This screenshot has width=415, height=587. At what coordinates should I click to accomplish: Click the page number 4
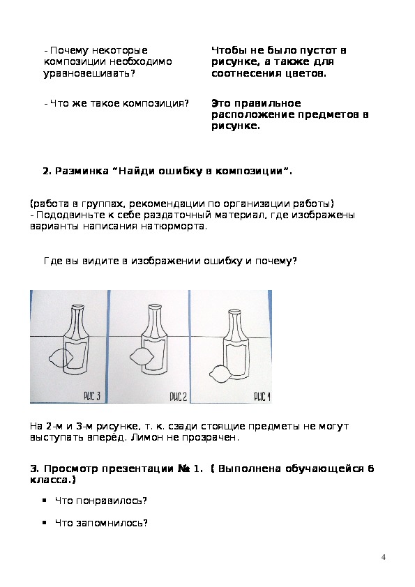(x=383, y=557)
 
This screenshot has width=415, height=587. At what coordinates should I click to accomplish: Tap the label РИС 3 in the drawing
(x=92, y=396)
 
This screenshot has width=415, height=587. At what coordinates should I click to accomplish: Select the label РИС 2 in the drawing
(x=179, y=397)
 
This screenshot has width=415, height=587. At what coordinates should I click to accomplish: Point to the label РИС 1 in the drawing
(x=262, y=397)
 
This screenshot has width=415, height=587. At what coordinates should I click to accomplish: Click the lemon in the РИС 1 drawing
(x=219, y=374)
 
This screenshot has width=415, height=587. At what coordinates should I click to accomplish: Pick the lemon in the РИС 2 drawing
(x=142, y=357)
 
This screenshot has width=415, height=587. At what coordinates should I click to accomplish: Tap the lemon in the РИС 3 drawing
(x=61, y=358)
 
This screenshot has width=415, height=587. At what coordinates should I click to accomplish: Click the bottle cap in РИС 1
(x=236, y=312)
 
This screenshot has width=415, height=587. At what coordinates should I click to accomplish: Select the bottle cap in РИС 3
(x=80, y=307)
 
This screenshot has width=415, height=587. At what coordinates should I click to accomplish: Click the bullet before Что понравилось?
(x=45, y=500)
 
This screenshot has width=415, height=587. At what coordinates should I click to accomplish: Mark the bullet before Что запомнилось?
(x=45, y=523)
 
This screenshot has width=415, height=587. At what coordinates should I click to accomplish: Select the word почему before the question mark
(x=276, y=261)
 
